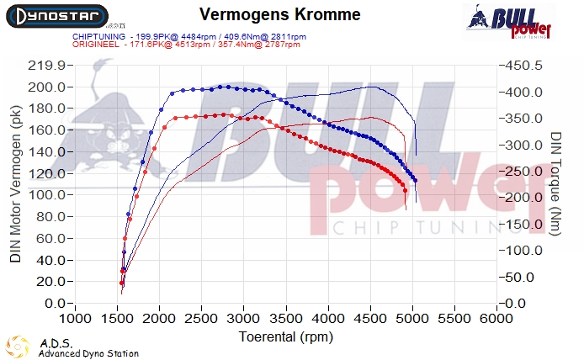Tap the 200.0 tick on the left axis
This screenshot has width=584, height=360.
point(47,87)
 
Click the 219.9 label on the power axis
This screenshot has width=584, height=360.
point(47,66)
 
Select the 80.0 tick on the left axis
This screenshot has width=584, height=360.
point(49,216)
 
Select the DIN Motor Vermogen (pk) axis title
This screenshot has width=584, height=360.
point(16,187)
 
